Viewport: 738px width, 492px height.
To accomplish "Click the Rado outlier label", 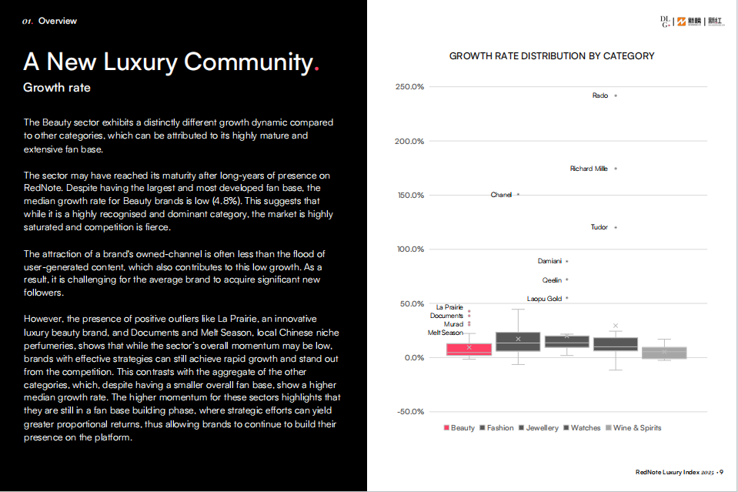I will pyautogui.click(x=600, y=95).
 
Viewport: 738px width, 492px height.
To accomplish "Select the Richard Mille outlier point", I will pyautogui.click(x=616, y=169).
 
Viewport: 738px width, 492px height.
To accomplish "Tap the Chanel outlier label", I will pyautogui.click(x=501, y=195).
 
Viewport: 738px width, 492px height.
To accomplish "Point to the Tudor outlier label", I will pyautogui.click(x=599, y=227).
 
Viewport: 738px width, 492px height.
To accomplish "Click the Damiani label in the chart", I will pyautogui.click(x=549, y=261).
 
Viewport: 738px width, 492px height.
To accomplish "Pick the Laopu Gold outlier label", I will pyautogui.click(x=544, y=298).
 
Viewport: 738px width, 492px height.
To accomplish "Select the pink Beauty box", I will pyautogui.click(x=469, y=349).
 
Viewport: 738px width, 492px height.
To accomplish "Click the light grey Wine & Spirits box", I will pyautogui.click(x=664, y=353).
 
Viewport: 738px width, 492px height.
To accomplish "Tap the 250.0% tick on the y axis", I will pyautogui.click(x=409, y=86).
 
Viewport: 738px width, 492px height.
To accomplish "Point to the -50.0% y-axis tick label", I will pyautogui.click(x=409, y=412).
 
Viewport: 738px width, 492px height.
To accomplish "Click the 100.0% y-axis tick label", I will pyautogui.click(x=409, y=249).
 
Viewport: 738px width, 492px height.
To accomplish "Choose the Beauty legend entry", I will pyautogui.click(x=459, y=428).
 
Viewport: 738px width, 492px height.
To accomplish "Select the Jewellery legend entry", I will pyautogui.click(x=539, y=428).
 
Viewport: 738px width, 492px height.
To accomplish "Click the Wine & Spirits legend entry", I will pyautogui.click(x=633, y=428).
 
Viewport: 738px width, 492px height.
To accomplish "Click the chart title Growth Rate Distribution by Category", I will pyautogui.click(x=552, y=56).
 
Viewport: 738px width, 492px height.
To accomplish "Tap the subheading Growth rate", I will pyautogui.click(x=57, y=88).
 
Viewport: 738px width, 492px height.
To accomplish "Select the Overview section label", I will pyautogui.click(x=57, y=21).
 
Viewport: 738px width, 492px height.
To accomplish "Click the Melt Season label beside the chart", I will pyautogui.click(x=446, y=333).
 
